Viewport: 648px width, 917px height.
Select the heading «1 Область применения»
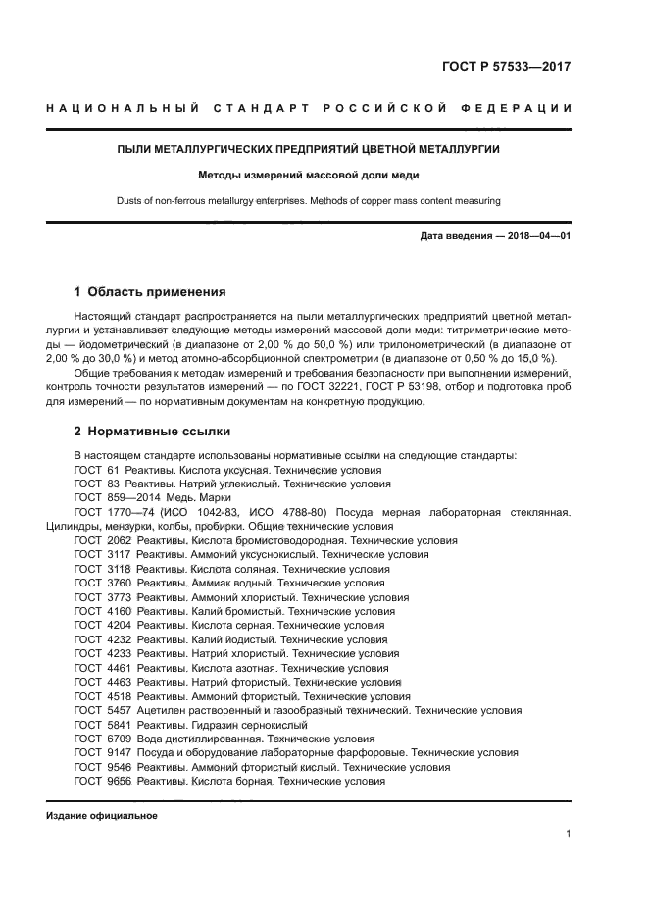point(151,292)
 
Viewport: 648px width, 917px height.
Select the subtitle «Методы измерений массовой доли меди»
point(309,176)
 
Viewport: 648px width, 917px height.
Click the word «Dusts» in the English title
point(131,201)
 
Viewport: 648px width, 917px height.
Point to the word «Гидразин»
point(216,725)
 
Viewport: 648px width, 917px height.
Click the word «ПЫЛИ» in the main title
point(136,149)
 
